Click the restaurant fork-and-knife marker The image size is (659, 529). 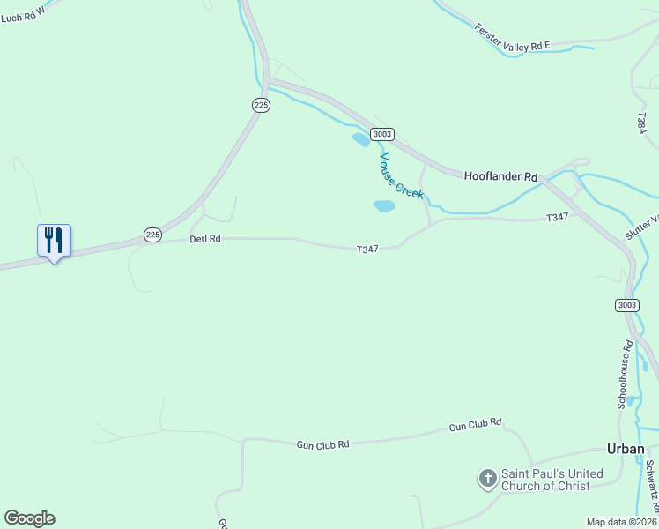click(x=54, y=240)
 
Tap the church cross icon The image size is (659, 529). click(x=486, y=479)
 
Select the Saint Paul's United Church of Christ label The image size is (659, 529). click(x=552, y=480)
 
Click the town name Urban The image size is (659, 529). click(x=626, y=449)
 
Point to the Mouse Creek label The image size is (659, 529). click(x=401, y=175)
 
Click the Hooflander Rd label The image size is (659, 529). click(x=500, y=176)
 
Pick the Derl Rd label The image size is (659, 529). click(x=204, y=239)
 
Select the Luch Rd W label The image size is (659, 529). click(x=23, y=12)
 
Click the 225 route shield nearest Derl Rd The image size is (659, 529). click(x=152, y=235)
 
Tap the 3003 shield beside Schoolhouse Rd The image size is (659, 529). click(x=626, y=305)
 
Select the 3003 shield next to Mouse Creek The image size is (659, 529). click(x=381, y=134)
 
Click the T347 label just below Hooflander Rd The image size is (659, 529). click(x=557, y=217)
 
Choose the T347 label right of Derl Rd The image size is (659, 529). click(x=367, y=250)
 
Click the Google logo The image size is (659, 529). click(x=29, y=518)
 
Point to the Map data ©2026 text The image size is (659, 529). click(x=621, y=522)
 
